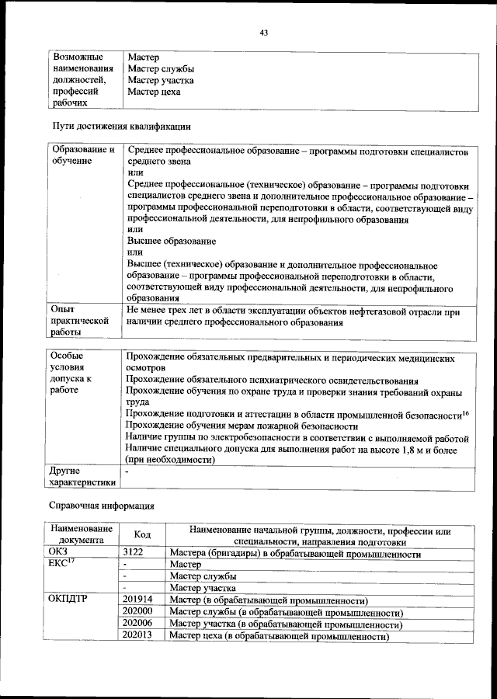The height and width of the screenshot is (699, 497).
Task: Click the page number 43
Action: (263, 33)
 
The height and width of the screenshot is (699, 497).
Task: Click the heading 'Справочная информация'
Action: (101, 506)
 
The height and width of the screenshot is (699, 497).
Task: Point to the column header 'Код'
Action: (142, 535)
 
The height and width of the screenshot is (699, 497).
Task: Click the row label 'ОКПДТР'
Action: (70, 600)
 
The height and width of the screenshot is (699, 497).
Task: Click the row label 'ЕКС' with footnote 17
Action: (62, 565)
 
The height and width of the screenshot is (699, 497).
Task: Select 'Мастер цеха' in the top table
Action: (154, 92)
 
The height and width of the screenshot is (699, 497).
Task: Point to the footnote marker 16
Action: (465, 412)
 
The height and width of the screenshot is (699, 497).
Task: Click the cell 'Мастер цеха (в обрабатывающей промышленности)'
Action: (279, 636)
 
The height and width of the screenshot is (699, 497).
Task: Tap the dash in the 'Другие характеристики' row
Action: (127, 471)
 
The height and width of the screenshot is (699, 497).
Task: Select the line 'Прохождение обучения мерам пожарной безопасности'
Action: (242, 426)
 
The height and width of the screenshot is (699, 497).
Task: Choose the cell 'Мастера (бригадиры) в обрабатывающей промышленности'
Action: (294, 555)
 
